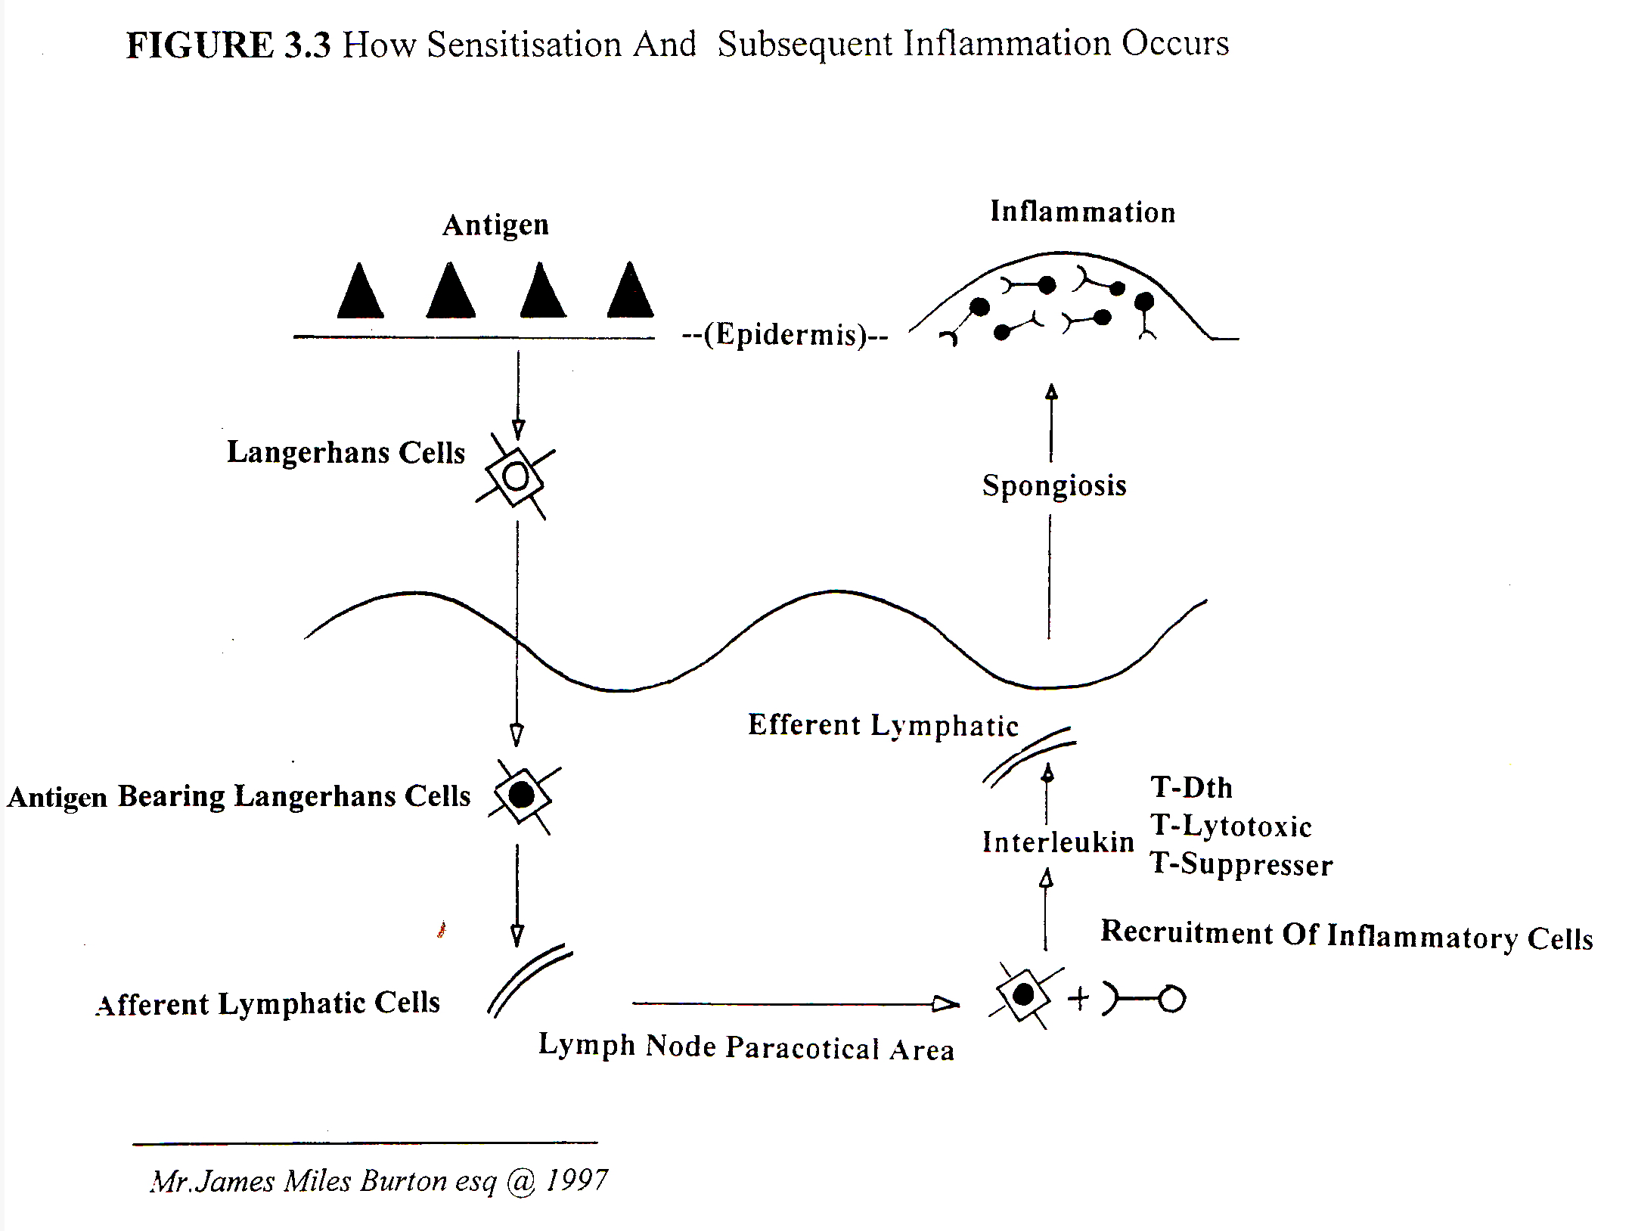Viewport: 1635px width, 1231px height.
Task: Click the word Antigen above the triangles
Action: (495, 225)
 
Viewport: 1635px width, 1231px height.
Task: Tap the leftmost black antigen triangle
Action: (360, 291)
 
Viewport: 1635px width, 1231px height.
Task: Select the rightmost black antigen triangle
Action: (630, 290)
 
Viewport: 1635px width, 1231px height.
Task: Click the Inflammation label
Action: (1082, 212)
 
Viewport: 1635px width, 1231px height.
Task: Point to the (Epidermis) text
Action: (785, 334)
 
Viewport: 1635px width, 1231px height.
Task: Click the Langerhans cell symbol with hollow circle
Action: (515, 477)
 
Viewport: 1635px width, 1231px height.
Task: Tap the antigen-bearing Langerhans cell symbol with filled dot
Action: (523, 795)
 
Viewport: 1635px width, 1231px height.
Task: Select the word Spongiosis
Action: (1054, 485)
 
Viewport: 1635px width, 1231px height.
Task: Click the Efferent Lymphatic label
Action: (883, 725)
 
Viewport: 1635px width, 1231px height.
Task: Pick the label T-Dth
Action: (1192, 788)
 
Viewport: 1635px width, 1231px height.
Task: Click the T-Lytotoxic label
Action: (1231, 826)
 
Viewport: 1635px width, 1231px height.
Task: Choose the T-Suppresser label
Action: (1241, 864)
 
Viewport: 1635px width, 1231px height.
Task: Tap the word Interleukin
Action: (1058, 842)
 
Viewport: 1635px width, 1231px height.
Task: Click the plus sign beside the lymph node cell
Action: (1078, 998)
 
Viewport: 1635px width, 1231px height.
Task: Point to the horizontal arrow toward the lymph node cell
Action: (796, 1003)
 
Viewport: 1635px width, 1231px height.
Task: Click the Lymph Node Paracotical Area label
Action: (746, 1047)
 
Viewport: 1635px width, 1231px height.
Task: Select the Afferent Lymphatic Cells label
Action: (268, 1004)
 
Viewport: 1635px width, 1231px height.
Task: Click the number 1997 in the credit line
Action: (576, 1180)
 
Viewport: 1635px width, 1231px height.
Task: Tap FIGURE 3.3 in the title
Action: (228, 45)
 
